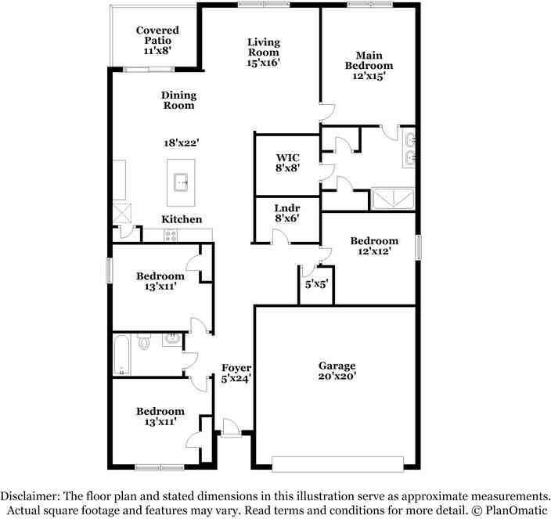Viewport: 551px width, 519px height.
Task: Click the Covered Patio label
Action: click(157, 40)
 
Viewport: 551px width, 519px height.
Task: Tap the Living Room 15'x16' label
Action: click(264, 52)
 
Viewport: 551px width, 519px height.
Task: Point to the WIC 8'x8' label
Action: click(286, 161)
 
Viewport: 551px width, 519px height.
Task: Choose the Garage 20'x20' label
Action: click(337, 370)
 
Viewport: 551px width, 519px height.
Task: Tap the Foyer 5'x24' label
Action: click(236, 373)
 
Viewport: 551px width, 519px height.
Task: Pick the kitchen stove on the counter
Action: click(171, 234)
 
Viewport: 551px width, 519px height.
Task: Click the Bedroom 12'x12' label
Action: click(373, 246)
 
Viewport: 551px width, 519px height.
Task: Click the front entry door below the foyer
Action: click(229, 428)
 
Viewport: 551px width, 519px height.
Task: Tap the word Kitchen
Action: click(182, 219)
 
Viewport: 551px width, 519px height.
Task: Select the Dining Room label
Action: click(178, 100)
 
